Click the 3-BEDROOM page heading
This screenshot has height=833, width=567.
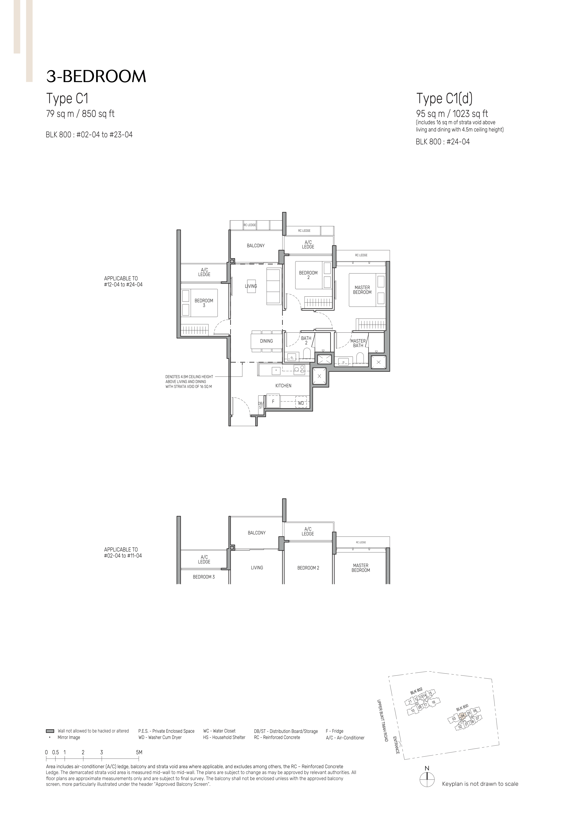(x=96, y=76)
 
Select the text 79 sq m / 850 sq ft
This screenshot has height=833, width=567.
(x=80, y=114)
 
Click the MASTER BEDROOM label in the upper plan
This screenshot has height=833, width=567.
(x=362, y=290)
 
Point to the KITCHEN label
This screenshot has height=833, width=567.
(x=283, y=386)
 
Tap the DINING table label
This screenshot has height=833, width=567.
(x=266, y=341)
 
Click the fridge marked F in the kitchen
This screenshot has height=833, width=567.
(x=273, y=401)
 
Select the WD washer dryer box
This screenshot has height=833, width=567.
(x=301, y=403)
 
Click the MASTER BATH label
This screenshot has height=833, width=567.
(x=358, y=343)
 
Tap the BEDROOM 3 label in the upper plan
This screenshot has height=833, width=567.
(x=204, y=303)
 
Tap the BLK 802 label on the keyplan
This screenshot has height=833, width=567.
(x=416, y=691)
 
